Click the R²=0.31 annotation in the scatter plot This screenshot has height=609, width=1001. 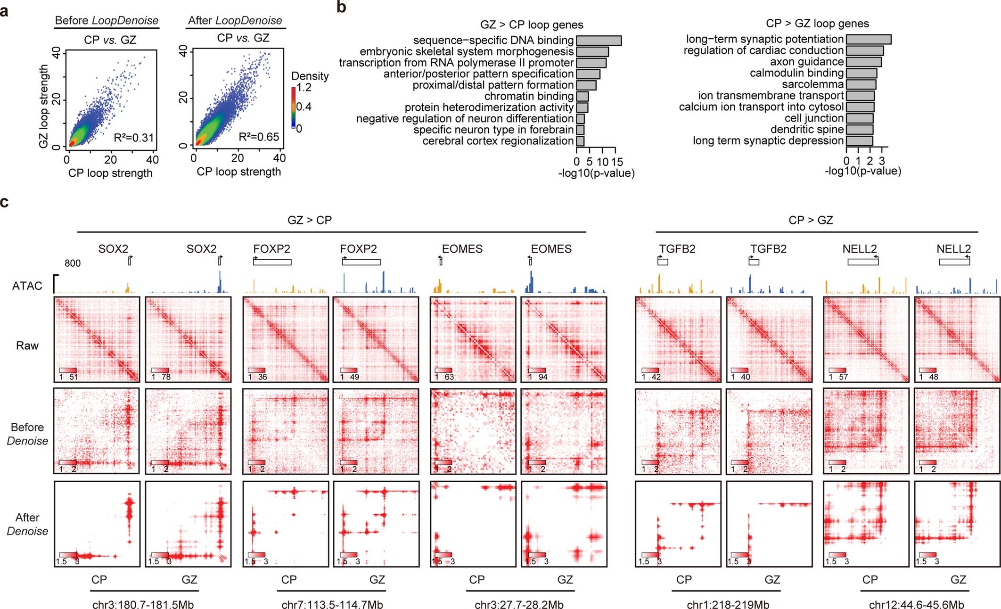(x=134, y=138)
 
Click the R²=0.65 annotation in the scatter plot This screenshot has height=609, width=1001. (x=259, y=137)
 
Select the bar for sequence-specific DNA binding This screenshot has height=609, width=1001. (x=599, y=41)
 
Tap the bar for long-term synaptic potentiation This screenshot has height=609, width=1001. (x=868, y=39)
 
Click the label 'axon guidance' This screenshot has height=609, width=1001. (x=806, y=62)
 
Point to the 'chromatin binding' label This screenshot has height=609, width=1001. (x=529, y=96)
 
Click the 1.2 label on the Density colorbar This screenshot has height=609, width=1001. (x=304, y=87)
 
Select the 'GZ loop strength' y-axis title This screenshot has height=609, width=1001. (x=43, y=106)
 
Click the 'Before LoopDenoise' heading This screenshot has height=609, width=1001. (x=107, y=20)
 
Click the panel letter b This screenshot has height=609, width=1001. (x=341, y=8)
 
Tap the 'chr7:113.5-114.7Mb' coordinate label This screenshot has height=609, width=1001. (x=332, y=604)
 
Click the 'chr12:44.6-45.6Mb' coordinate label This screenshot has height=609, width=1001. (x=916, y=604)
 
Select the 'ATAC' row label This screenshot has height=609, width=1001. (x=27, y=286)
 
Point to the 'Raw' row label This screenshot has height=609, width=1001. (x=27, y=346)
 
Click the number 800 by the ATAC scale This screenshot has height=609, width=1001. (x=73, y=263)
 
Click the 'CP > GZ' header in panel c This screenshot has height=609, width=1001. (x=811, y=220)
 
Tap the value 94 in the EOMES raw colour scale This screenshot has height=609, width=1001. (x=543, y=377)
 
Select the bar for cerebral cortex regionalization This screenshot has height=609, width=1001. (x=580, y=141)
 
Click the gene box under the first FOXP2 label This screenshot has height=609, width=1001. (x=272, y=262)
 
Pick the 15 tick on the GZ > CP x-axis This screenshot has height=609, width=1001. (x=617, y=162)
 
